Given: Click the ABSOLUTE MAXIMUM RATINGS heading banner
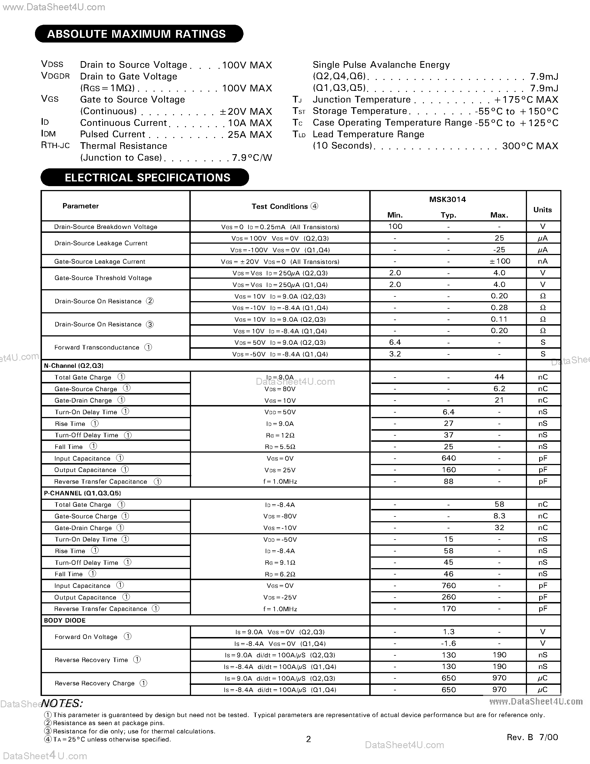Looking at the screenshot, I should [139, 34].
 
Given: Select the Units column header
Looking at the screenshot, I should [543, 209].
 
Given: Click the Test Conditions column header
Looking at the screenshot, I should [280, 206].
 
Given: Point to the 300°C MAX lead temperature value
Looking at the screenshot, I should [530, 146].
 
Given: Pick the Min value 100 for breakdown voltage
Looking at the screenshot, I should [395, 226].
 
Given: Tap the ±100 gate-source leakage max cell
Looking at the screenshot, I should [499, 261].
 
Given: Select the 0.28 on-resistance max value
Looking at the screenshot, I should [499, 308].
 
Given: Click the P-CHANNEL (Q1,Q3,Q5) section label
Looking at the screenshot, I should [82, 493].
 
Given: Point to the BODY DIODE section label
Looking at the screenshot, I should [65, 620].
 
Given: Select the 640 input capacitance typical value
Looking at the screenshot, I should [448, 458].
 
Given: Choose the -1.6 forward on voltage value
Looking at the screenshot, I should [448, 643].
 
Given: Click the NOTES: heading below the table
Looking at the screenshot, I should [62, 703].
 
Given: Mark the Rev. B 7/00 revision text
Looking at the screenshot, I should [532, 737].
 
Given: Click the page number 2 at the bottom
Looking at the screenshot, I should [308, 739].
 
